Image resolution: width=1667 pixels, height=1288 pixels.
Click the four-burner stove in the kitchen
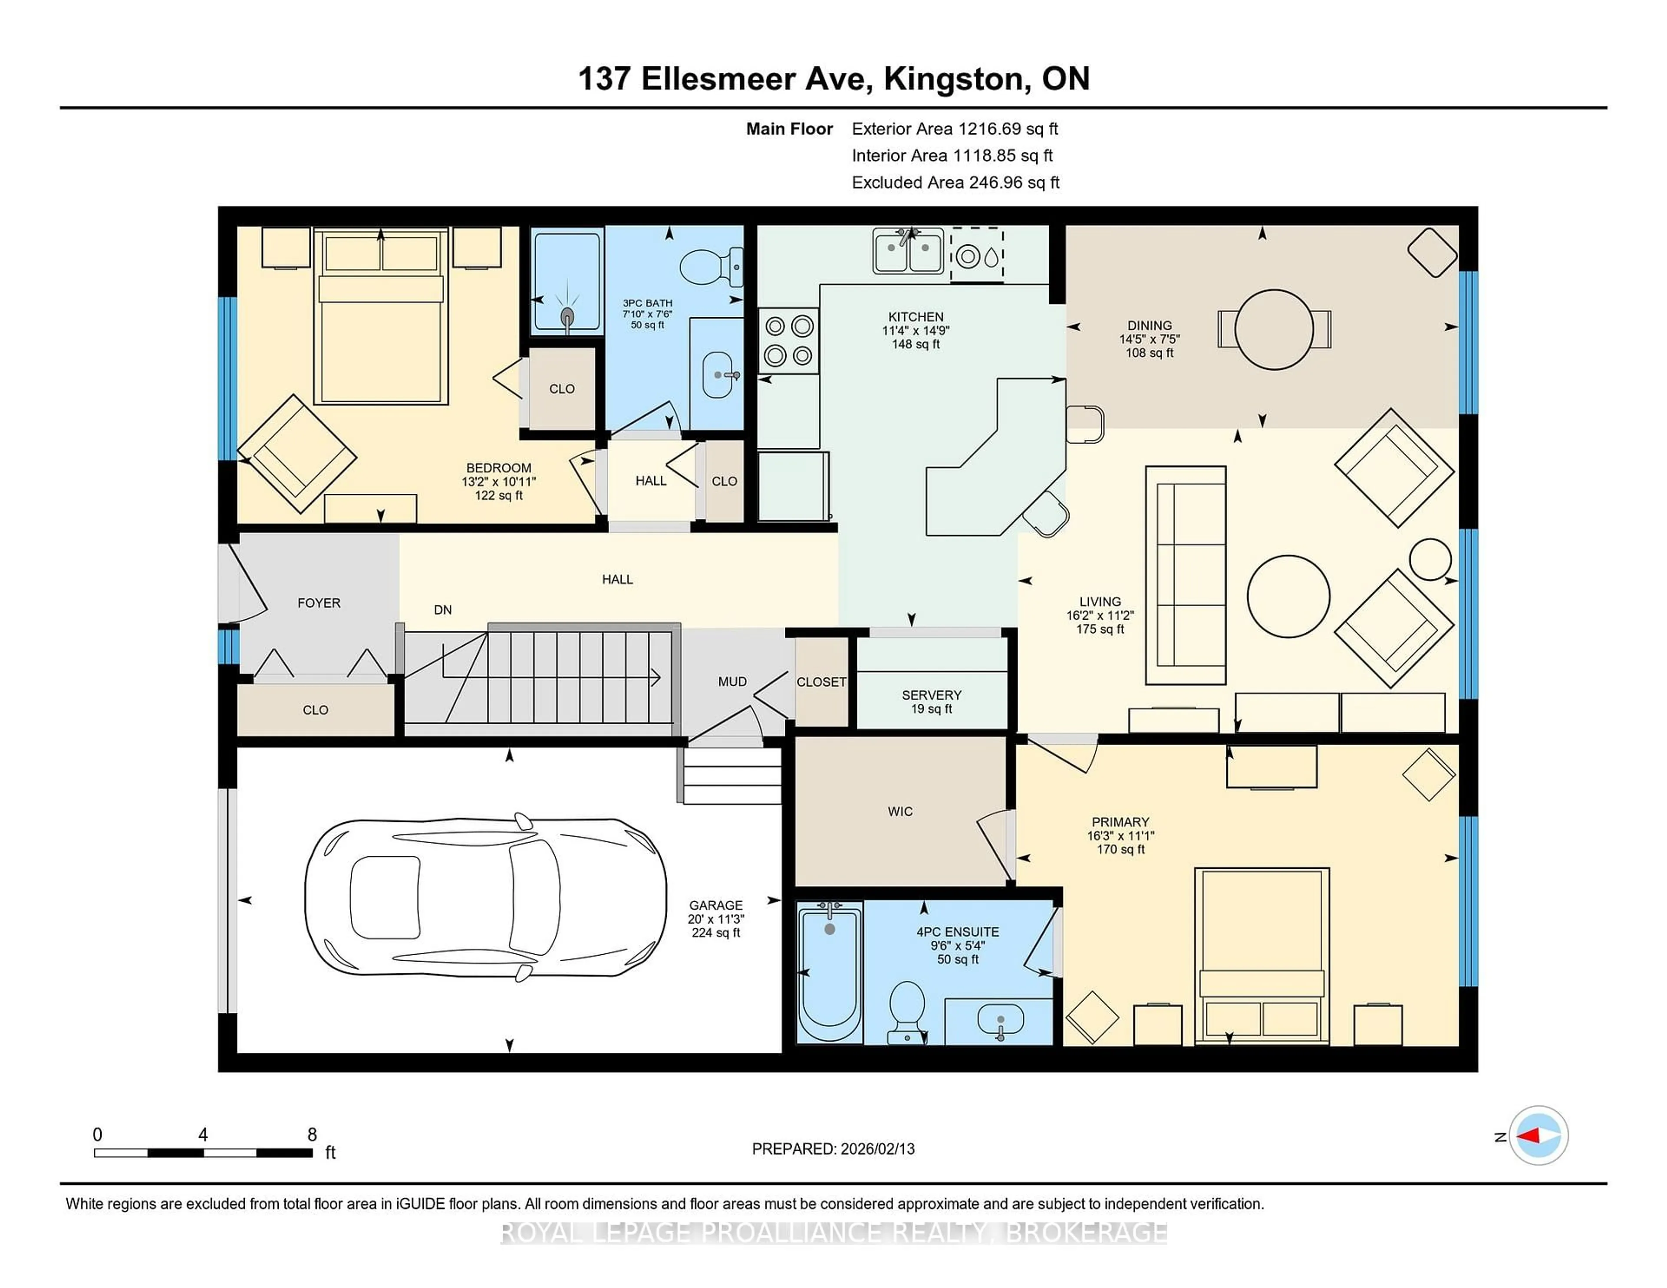[788, 340]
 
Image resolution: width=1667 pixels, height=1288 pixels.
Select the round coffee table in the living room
[1288, 596]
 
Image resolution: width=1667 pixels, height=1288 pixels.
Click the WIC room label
[900, 811]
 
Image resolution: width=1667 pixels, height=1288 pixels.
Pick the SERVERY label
[931, 695]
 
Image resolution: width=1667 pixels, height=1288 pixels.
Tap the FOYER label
[318, 603]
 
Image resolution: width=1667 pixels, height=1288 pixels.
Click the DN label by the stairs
[443, 610]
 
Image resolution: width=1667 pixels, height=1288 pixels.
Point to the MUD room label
[732, 681]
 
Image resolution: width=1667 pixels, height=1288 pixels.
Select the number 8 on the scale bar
[311, 1135]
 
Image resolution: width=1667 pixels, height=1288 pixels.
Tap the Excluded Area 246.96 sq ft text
[955, 182]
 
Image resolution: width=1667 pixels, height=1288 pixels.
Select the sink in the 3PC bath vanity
[717, 375]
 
